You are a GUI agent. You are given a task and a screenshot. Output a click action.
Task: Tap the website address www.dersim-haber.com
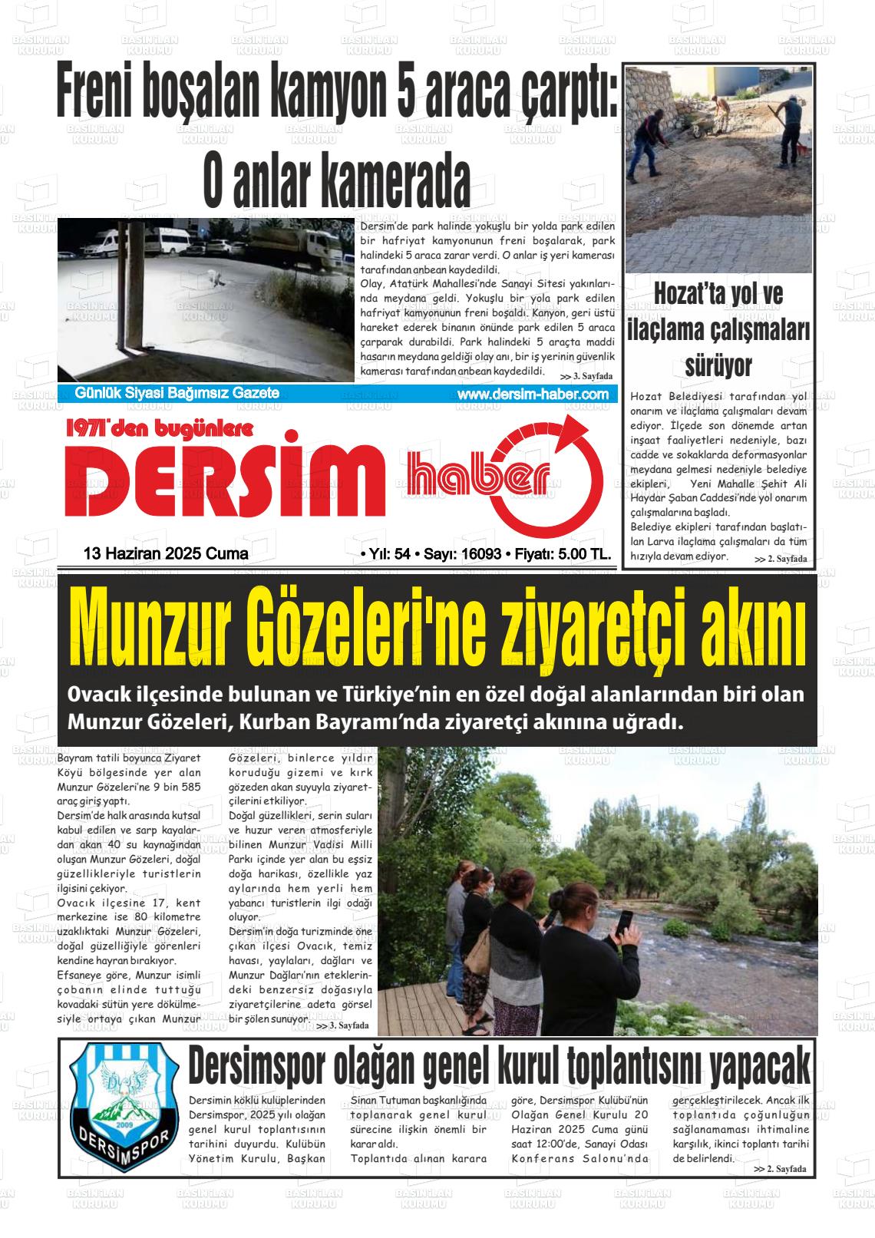tap(532, 394)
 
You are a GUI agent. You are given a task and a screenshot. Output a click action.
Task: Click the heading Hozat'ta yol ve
tap(718, 295)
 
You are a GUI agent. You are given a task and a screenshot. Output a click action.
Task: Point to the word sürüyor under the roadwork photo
tap(718, 365)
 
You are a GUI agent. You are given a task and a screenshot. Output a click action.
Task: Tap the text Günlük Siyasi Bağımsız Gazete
tap(177, 394)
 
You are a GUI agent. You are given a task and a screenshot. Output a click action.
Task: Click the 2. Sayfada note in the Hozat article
tap(781, 559)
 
